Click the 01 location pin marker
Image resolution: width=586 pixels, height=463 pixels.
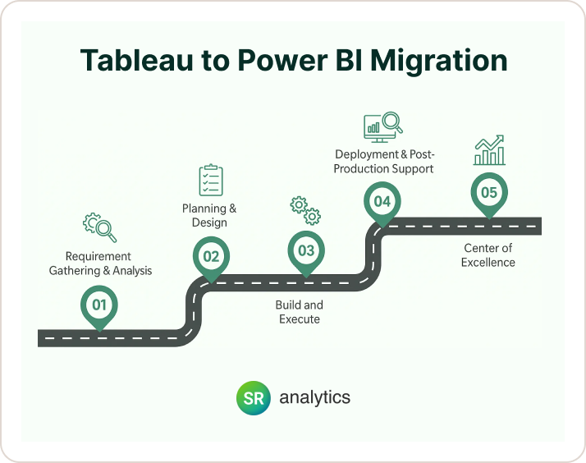99,305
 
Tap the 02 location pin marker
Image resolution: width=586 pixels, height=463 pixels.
211,256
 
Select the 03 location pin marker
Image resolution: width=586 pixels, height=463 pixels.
306,251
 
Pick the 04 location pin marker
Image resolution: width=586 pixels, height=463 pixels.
382,202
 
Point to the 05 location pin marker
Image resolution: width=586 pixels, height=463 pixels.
489,194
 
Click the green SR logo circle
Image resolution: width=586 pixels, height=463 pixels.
252,397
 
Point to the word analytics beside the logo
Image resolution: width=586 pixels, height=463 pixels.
314,397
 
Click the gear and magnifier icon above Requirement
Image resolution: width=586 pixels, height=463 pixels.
99,227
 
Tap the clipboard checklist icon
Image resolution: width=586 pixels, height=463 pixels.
211,180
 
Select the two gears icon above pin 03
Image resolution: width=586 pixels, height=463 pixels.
306,210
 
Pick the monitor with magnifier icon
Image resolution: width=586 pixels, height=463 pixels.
382,125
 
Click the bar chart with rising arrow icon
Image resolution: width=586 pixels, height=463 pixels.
489,151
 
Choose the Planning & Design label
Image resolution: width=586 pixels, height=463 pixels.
209,216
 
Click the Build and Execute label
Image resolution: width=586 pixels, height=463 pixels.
300,312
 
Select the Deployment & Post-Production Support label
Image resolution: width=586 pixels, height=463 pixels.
383,163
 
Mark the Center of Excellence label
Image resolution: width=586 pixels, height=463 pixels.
489,255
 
